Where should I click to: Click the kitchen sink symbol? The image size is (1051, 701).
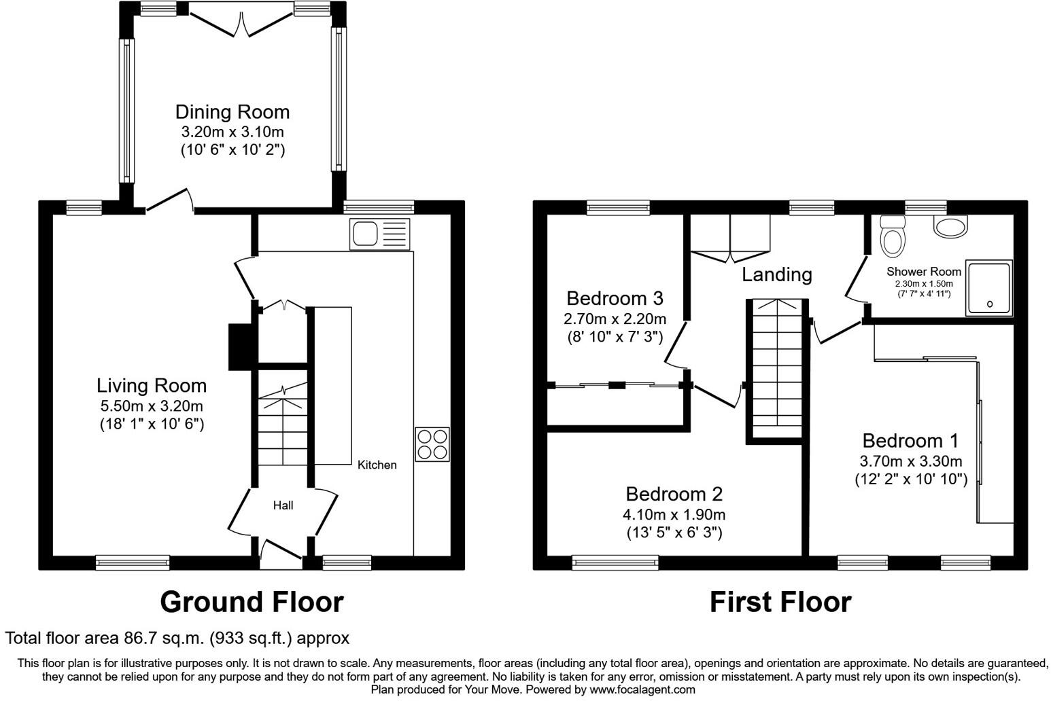click(x=380, y=234)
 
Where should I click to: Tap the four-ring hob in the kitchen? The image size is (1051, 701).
click(x=432, y=444)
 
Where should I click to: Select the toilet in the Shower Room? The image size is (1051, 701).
click(x=891, y=238)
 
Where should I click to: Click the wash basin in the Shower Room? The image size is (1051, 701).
click(x=950, y=227)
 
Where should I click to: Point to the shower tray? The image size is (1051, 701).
click(x=989, y=288)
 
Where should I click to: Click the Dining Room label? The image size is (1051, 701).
click(x=232, y=112)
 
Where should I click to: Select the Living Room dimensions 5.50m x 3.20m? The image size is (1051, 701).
click(x=151, y=406)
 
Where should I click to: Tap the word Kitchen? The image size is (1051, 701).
click(x=377, y=465)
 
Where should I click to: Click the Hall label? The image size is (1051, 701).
click(x=283, y=505)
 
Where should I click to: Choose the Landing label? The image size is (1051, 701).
click(x=776, y=274)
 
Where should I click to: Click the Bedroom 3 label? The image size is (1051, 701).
click(x=615, y=298)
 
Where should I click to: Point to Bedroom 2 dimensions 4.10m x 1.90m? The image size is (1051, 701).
click(x=674, y=514)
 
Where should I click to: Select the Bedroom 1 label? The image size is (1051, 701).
click(x=910, y=441)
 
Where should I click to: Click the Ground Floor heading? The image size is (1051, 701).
click(x=252, y=602)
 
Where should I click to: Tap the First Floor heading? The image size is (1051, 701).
click(x=780, y=602)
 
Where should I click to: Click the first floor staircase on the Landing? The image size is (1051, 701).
click(x=776, y=370)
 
